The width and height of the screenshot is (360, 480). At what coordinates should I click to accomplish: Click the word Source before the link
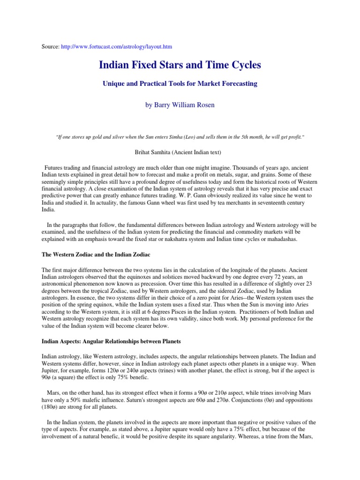click(x=50, y=47)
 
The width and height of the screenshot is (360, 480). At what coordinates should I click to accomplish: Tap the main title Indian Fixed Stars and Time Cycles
click(x=180, y=65)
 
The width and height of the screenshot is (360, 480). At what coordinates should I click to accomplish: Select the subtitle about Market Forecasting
click(x=180, y=84)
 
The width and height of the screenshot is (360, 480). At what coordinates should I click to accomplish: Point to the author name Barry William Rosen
click(x=180, y=105)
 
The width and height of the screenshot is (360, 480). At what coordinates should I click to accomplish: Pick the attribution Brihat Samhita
click(x=180, y=152)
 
